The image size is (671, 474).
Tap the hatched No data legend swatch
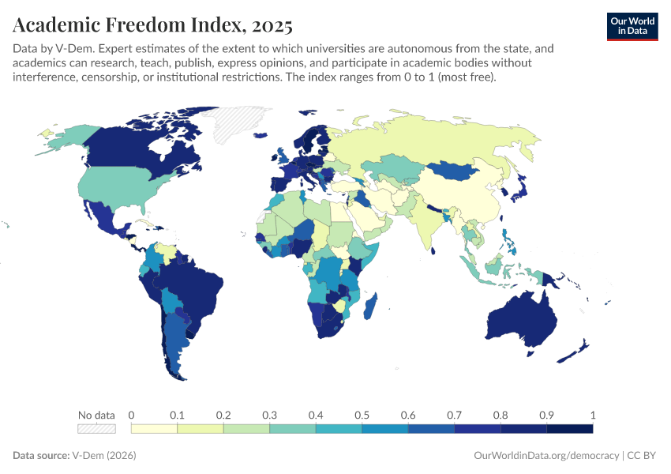pyautogui.click(x=96, y=429)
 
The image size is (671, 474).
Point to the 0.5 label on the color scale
pyautogui.click(x=362, y=415)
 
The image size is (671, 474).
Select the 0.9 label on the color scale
pyautogui.click(x=546, y=415)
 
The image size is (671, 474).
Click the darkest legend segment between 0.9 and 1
pyautogui.click(x=569, y=429)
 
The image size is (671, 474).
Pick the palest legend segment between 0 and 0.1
pyautogui.click(x=154, y=429)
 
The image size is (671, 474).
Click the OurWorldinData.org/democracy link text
pyautogui.click(x=545, y=456)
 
